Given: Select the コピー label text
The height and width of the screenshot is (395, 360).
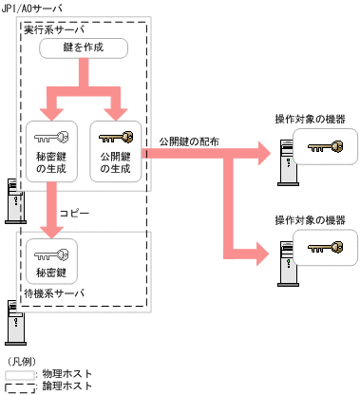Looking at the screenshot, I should (x=75, y=215).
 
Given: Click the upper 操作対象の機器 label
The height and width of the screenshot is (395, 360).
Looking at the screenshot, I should (x=309, y=119).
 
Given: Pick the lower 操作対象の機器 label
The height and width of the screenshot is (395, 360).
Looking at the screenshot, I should (x=309, y=219).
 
